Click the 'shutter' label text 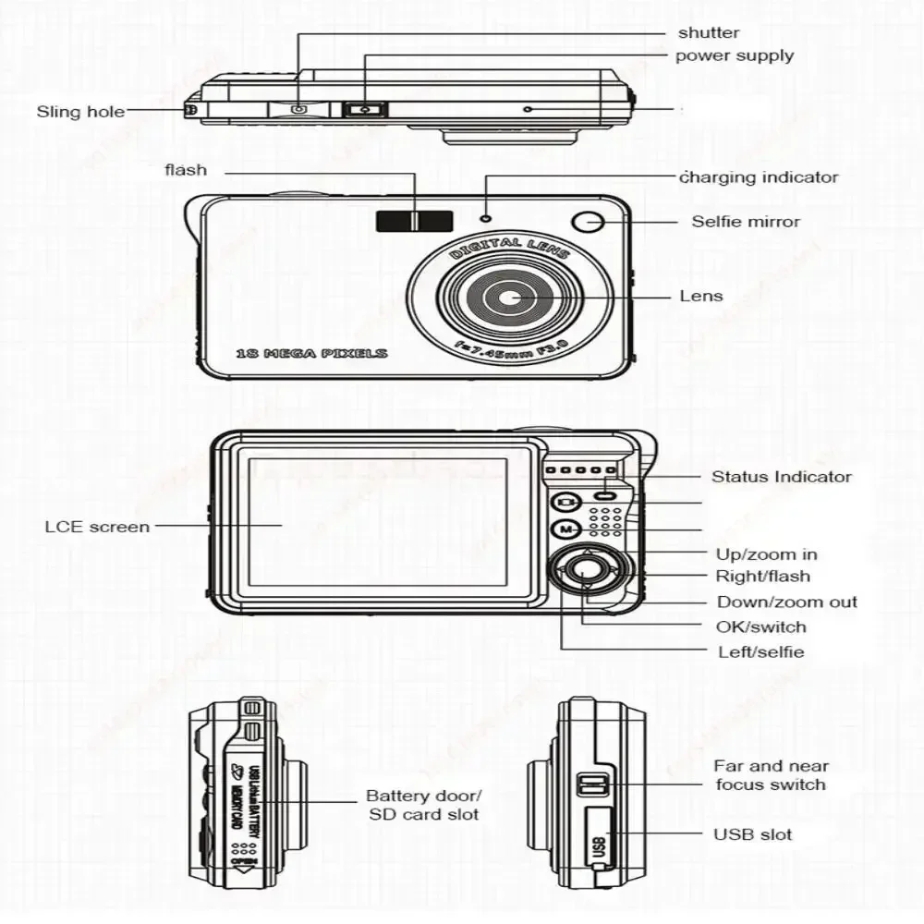(708, 33)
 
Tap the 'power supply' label (734, 55)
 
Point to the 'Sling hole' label (80, 112)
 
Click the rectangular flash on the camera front (414, 220)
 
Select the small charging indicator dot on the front (486, 218)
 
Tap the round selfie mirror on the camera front (588, 222)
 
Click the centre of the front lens (510, 298)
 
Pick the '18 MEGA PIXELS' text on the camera (311, 353)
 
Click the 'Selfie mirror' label (746, 222)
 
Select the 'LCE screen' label (96, 527)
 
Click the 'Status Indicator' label (781, 477)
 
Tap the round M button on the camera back (565, 529)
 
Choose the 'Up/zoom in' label (766, 554)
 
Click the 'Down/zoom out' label (787, 602)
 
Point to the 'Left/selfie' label (760, 651)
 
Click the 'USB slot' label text (752, 834)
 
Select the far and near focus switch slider (592, 786)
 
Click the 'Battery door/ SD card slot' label (424, 805)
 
